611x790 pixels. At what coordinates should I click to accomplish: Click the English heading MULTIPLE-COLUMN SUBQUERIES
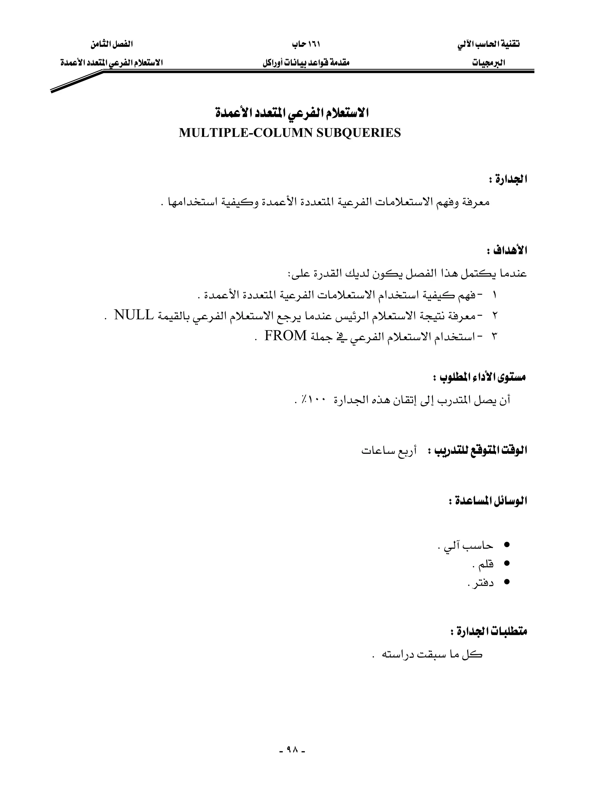(x=290, y=133)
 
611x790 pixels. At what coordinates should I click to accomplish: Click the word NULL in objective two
(x=134, y=315)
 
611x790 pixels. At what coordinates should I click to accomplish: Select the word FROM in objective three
(x=286, y=336)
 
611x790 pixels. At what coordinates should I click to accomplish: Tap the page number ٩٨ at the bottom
(x=292, y=750)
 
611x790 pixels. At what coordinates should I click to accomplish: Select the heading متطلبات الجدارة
(x=489, y=632)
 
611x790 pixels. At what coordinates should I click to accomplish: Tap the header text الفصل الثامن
(x=112, y=44)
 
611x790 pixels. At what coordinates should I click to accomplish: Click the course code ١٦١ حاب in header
(x=306, y=44)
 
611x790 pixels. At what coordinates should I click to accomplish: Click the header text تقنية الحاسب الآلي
(x=488, y=44)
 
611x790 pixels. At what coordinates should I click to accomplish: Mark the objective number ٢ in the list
(x=495, y=316)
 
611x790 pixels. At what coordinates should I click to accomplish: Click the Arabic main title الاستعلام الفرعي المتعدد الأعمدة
(x=292, y=113)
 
